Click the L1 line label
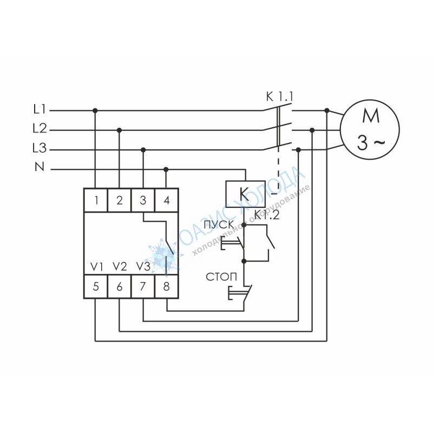coord(39,110)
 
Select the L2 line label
coord(40,129)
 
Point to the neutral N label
coord(40,167)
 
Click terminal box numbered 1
coord(96,200)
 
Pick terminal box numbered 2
coord(119,200)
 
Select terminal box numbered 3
coord(143,200)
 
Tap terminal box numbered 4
coord(167,200)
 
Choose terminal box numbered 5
coord(96,286)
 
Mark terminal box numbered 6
coord(119,286)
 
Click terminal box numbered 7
coord(143,286)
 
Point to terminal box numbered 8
coord(167,286)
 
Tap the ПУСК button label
coord(219,225)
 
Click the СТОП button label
coord(221,277)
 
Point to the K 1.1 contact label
coord(279,97)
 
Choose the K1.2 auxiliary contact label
coord(267,214)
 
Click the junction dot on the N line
coord(166,169)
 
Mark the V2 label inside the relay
coord(120,266)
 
